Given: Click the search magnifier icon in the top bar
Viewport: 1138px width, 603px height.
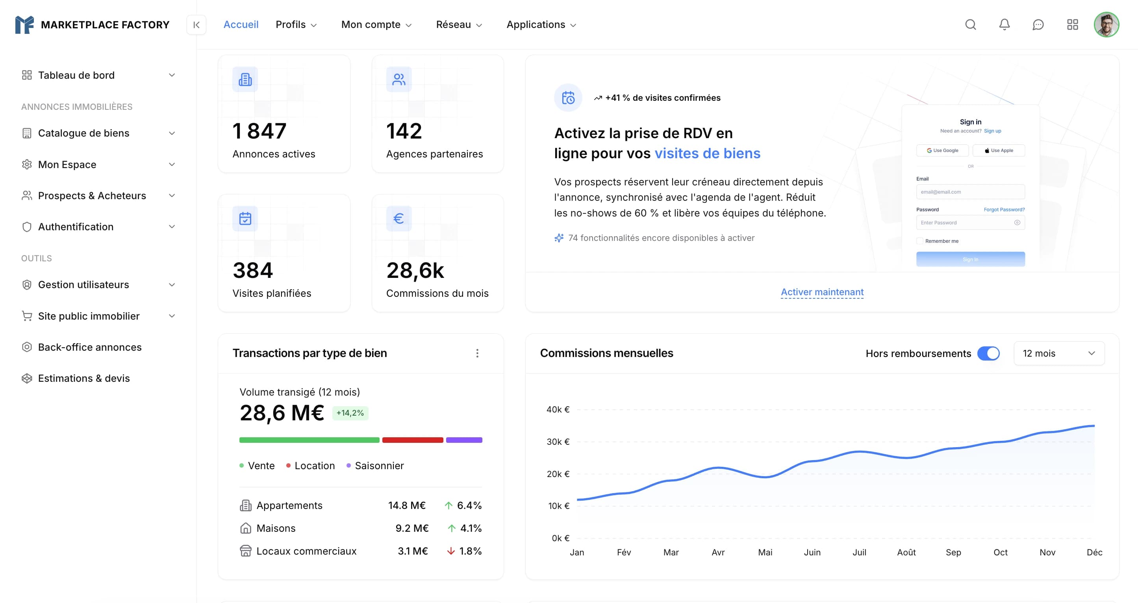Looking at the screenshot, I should click(x=970, y=25).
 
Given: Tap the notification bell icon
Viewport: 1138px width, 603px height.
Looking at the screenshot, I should click(x=1004, y=25).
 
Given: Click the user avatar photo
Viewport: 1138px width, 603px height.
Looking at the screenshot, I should click(x=1106, y=25).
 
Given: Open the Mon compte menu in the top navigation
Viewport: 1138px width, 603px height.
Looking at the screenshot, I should click(x=376, y=25).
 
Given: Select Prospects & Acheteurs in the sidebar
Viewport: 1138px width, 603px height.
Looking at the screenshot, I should click(x=92, y=196).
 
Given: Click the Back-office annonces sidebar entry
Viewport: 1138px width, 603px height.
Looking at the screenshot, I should click(x=90, y=347).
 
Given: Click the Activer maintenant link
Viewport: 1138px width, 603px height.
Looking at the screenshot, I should click(x=822, y=292).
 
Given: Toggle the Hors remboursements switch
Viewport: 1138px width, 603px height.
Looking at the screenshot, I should click(x=988, y=353).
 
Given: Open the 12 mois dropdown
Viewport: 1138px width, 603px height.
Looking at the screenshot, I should click(x=1058, y=353).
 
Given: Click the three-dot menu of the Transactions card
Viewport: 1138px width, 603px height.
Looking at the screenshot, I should click(x=477, y=353).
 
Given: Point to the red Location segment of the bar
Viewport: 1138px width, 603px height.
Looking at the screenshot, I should click(x=412, y=440).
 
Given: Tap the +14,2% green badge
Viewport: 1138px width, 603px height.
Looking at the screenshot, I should click(x=350, y=413).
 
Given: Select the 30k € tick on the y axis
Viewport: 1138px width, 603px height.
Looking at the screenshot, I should click(x=558, y=442).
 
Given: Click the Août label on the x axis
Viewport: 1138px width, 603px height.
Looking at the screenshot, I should click(x=906, y=552).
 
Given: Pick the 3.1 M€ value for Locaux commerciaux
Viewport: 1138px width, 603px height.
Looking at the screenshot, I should click(x=412, y=551).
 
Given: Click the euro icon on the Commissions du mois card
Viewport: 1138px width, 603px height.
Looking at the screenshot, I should click(x=398, y=218).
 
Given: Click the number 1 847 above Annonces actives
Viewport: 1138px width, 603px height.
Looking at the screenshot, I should click(x=260, y=131).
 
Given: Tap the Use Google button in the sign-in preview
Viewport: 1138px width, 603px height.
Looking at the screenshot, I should click(x=942, y=150).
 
